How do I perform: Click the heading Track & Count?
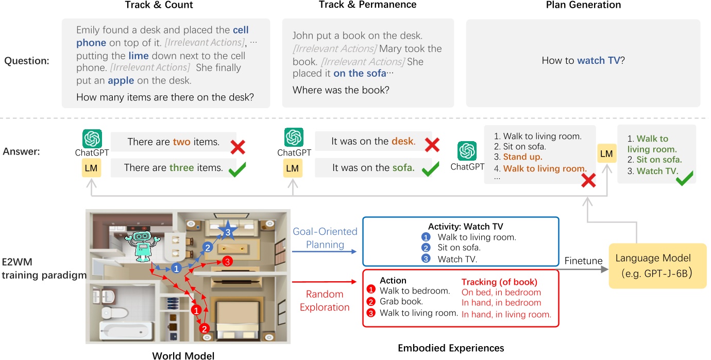pos(159,5)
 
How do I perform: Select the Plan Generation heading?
pos(583,5)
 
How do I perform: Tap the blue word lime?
pos(138,56)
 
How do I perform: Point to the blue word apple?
pos(121,80)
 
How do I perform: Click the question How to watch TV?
pos(583,61)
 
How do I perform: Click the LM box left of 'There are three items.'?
pos(91,168)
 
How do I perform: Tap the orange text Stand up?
pos(522,157)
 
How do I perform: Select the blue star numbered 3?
pos(228,233)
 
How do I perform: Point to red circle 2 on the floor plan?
pos(204,328)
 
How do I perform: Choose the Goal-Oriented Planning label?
pos(325,238)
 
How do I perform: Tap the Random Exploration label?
pos(325,301)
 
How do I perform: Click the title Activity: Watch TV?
pos(465,226)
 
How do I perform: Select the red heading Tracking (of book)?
pos(499,282)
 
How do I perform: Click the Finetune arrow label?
pos(583,261)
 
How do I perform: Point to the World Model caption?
pos(183,355)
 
